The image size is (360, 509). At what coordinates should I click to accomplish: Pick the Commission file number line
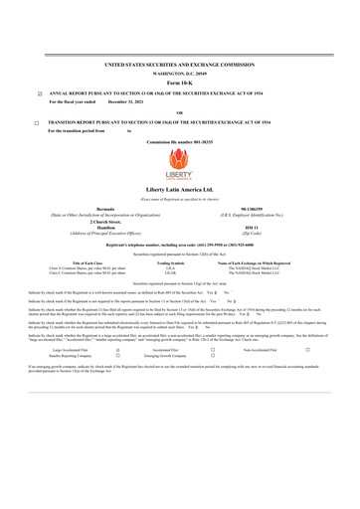pos(179,143)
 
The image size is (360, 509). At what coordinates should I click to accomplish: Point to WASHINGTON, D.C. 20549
pos(179,73)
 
